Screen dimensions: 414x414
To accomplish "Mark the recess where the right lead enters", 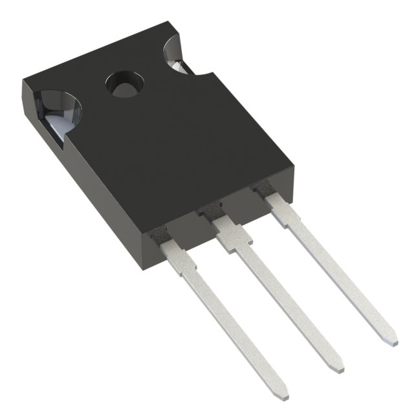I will [x=260, y=188].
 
